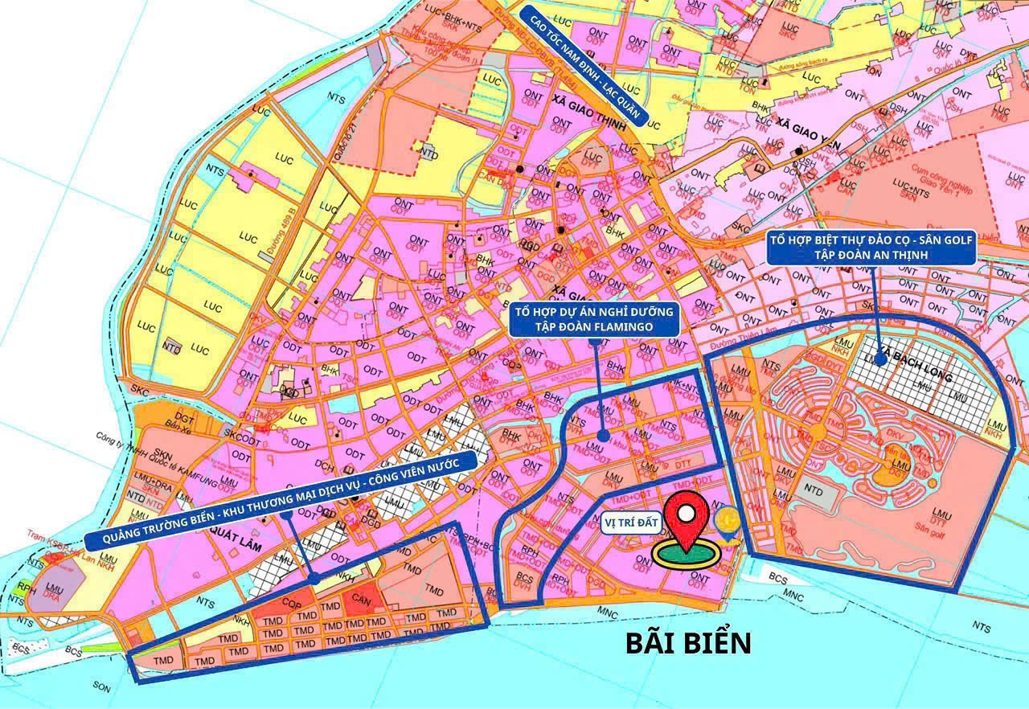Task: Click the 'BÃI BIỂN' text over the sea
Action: [x=689, y=642]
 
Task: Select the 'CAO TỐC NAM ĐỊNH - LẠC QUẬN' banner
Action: [x=584, y=65]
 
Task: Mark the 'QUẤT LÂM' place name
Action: [x=224, y=530]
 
